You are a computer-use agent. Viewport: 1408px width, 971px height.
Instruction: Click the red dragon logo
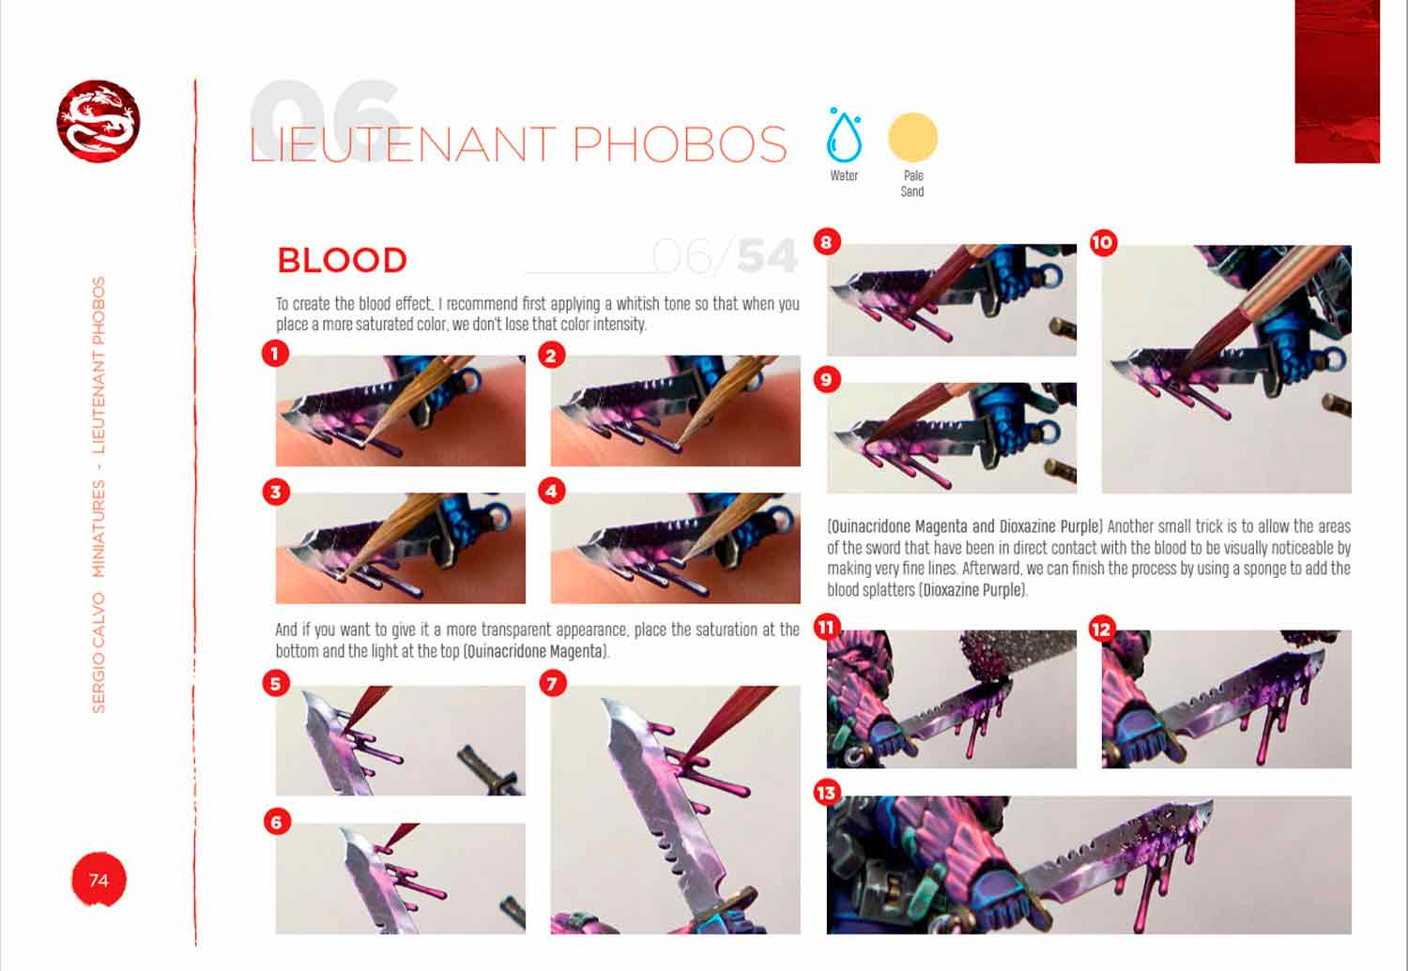(x=98, y=121)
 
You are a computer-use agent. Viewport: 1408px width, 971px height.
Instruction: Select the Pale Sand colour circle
(x=912, y=138)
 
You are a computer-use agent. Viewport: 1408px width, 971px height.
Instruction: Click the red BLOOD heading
(x=342, y=260)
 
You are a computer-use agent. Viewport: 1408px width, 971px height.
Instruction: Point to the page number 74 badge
(x=99, y=879)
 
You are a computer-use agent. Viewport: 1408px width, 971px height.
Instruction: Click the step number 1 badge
(x=275, y=355)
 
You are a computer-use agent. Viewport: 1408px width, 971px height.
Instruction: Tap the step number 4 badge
(x=551, y=492)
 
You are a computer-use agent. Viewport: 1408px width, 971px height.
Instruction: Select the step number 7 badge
(x=553, y=683)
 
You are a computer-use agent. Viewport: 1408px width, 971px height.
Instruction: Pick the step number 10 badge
(x=1103, y=243)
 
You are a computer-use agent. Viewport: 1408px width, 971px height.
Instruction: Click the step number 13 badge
(x=827, y=793)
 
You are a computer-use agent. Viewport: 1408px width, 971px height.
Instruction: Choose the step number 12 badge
(x=1103, y=630)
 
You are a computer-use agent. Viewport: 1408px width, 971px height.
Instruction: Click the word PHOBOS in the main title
(x=680, y=144)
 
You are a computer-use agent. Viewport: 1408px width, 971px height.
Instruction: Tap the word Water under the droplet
(x=844, y=175)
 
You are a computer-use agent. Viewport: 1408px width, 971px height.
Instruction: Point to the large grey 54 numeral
(x=767, y=256)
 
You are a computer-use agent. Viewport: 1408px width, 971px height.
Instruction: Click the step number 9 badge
(x=827, y=380)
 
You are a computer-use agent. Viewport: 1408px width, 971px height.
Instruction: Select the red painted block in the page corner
(x=1337, y=81)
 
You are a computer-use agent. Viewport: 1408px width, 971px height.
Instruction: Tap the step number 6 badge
(x=277, y=822)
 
